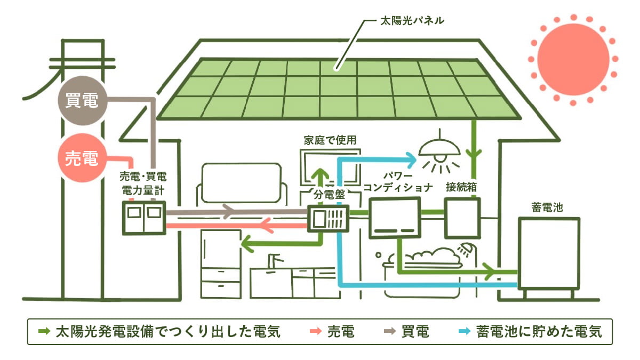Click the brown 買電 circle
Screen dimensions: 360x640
tap(82, 101)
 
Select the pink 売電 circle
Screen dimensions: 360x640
tap(82, 158)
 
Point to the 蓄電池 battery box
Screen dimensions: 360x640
tap(549, 253)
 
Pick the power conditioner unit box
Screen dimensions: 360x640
tap(395, 217)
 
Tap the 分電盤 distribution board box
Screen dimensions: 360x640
tap(329, 219)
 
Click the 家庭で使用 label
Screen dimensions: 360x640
tap(329, 140)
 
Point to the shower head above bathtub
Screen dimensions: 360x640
tap(466, 248)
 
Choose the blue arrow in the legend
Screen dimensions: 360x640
tap(465, 332)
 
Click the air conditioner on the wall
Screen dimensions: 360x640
tap(241, 183)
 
